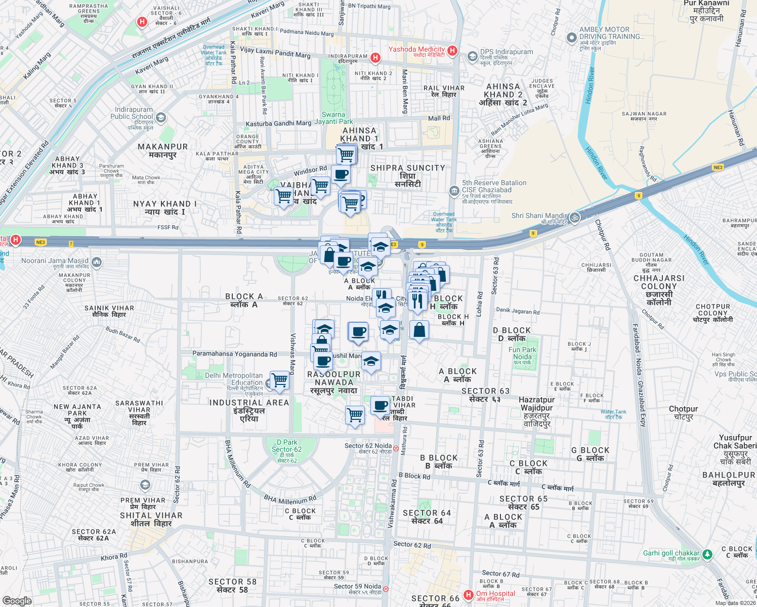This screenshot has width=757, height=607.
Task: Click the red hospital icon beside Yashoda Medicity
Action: (452, 51)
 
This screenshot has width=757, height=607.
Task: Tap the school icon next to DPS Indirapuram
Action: (472, 56)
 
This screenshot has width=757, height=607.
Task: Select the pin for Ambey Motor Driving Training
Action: (571, 37)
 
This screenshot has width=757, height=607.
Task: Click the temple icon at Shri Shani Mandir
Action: (574, 218)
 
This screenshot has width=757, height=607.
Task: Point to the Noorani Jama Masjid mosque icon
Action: (97, 262)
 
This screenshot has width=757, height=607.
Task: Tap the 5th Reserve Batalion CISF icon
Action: (454, 191)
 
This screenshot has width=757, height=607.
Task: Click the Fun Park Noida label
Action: (522, 353)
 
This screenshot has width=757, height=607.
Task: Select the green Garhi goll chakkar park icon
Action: (707, 554)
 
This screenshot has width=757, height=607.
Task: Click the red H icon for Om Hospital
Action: (469, 595)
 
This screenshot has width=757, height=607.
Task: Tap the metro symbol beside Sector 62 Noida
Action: (396, 448)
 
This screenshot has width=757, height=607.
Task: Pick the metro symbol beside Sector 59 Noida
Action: (386, 589)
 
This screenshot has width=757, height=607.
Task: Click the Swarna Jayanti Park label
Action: (333, 118)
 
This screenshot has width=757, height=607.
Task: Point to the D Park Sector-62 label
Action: (286, 449)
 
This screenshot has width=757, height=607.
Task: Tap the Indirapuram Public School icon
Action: (161, 118)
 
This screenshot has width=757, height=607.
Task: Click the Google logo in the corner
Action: (17, 600)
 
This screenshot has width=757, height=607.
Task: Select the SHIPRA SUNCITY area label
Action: (407, 168)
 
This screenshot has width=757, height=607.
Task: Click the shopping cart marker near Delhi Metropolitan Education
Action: (279, 380)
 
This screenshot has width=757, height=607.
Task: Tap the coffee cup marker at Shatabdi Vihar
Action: (381, 405)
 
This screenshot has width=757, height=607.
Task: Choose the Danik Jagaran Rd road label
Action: (518, 311)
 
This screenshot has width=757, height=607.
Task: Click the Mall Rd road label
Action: (439, 118)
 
